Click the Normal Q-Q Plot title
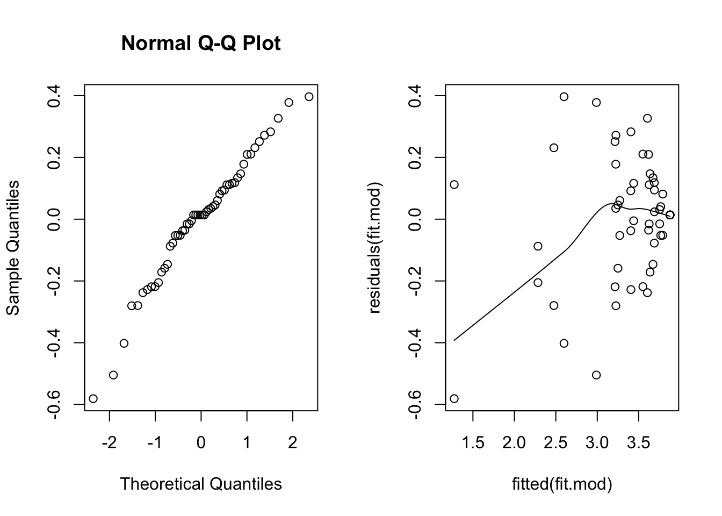click(200, 43)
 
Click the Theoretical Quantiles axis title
click(200, 484)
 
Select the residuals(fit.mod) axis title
click(374, 248)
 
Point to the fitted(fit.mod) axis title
click(562, 484)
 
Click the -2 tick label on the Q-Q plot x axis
click(109, 443)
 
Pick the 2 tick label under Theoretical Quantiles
click(292, 443)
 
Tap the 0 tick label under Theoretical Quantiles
click(201, 443)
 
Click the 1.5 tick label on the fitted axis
click(473, 443)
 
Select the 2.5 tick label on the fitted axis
click(555, 443)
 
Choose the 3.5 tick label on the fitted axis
click(638, 443)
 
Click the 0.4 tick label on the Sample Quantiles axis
click(54, 96)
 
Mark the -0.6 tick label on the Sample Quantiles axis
click(54, 405)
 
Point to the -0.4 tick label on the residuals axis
click(415, 343)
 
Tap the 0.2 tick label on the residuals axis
click(415, 157)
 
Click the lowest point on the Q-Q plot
click(93, 398)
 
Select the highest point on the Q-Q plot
click(308, 97)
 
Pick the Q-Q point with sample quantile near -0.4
click(124, 343)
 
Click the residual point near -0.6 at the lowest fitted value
click(454, 398)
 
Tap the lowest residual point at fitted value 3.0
click(596, 375)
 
